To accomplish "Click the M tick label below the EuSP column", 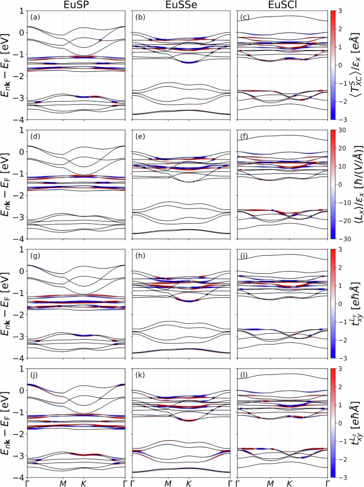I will (63, 482).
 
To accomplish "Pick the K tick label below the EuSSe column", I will (188, 482).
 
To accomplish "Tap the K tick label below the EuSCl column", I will (289, 482).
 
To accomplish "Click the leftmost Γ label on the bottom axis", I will (27, 482).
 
